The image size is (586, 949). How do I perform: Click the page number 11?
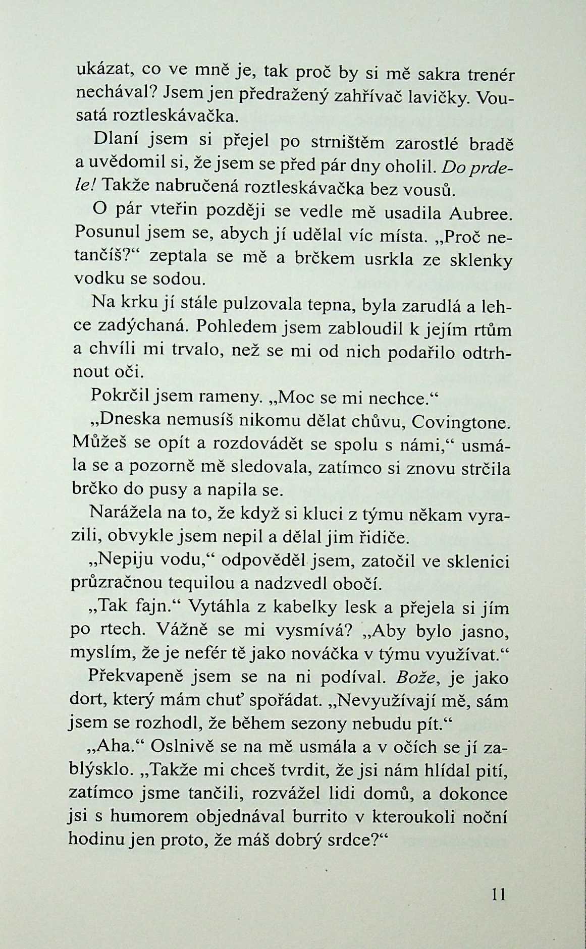pos(497,894)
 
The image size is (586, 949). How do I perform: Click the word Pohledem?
pos(232,327)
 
